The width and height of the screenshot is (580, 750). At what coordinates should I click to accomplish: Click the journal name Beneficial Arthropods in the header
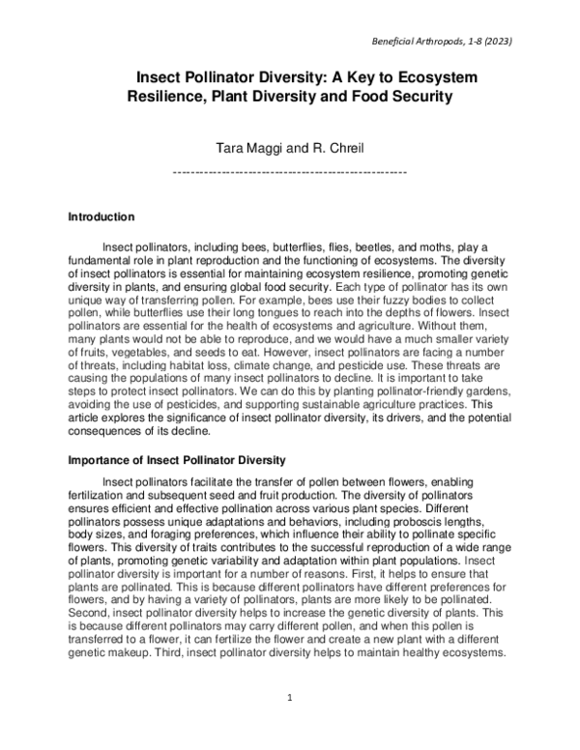(x=419, y=43)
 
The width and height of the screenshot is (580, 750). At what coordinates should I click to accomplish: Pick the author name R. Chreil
(x=331, y=149)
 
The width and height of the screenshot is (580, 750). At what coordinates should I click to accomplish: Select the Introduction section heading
(x=101, y=216)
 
